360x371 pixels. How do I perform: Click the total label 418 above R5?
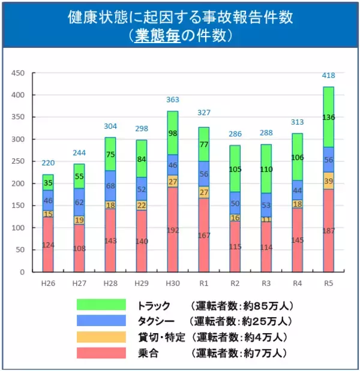tap(328, 76)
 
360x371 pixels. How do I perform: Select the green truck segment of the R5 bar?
tap(328, 117)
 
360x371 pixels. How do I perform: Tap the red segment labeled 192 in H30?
tap(172, 230)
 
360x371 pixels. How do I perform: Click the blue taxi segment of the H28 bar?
tap(110, 186)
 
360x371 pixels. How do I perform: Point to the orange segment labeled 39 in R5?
tap(328, 181)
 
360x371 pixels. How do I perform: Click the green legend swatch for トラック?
tap(101, 305)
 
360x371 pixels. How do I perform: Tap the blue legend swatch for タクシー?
tap(101, 321)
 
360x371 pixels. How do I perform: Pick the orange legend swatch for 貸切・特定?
tap(101, 337)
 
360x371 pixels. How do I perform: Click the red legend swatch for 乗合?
tap(101, 352)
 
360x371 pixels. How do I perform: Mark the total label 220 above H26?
tap(47, 163)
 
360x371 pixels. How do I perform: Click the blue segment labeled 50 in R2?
tap(235, 203)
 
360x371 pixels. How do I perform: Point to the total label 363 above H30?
tap(172, 99)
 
